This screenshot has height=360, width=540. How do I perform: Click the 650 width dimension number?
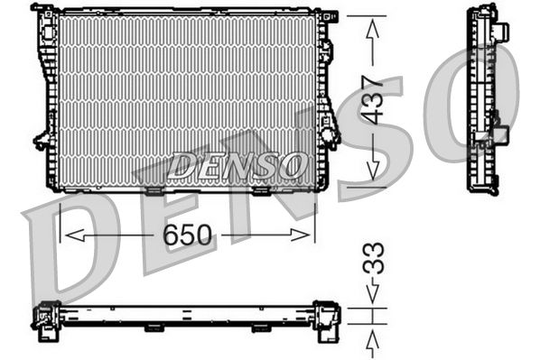coord(188,235)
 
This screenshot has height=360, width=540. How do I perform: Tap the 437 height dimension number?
coord(373,99)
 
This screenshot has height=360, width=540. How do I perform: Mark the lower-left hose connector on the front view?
coord(42,139)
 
